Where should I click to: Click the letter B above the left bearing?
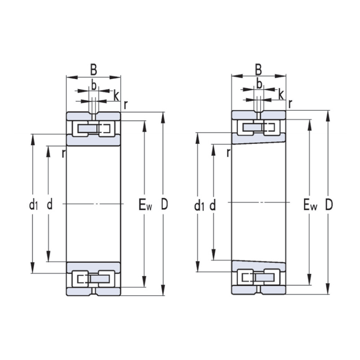click(94, 70)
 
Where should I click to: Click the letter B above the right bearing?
click(258, 70)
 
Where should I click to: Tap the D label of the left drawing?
click(164, 204)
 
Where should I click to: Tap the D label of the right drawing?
click(329, 205)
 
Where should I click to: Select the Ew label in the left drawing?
click(145, 205)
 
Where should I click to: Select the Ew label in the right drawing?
click(310, 205)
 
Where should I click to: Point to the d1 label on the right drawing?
click(199, 205)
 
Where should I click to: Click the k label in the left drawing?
click(117, 96)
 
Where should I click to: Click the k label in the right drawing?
click(281, 94)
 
